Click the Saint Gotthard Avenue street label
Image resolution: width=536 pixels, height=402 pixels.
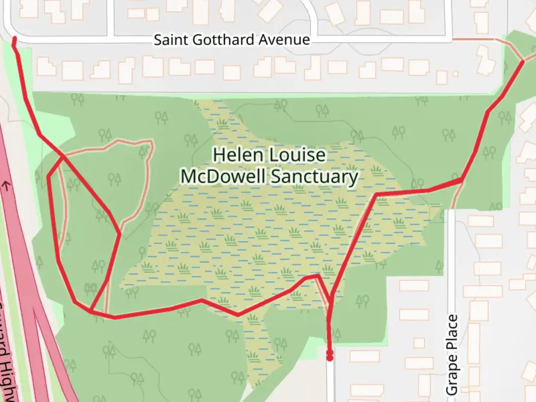[232, 39]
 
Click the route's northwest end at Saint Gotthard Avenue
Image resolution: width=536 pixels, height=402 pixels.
[14, 39]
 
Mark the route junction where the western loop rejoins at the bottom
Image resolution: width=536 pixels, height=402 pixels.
[90, 310]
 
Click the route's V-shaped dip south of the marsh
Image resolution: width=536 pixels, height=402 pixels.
[238, 315]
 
